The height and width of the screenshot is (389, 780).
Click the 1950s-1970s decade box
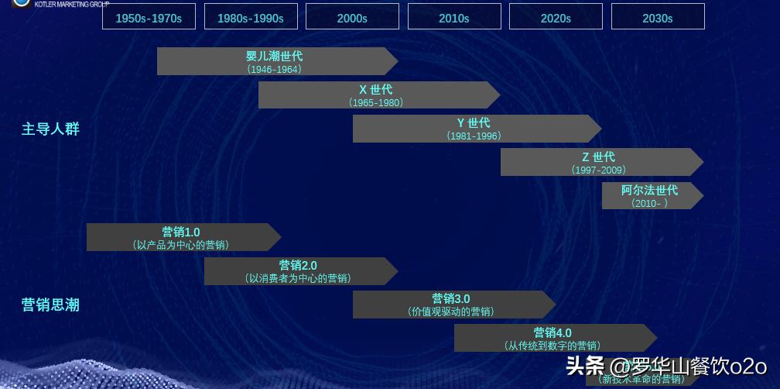click(149, 17)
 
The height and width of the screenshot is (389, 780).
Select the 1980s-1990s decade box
click(250, 17)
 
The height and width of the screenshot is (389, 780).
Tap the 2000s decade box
click(352, 17)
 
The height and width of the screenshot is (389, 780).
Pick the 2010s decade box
click(454, 17)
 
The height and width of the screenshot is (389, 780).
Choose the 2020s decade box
click(556, 17)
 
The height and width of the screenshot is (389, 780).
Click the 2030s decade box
click(658, 17)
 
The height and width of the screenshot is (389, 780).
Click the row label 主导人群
click(50, 129)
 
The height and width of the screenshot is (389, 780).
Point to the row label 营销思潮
click(50, 305)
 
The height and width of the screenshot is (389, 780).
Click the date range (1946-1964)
click(275, 69)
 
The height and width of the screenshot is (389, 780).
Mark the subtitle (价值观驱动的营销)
click(451, 312)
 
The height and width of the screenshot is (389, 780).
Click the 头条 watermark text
click(585, 366)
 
